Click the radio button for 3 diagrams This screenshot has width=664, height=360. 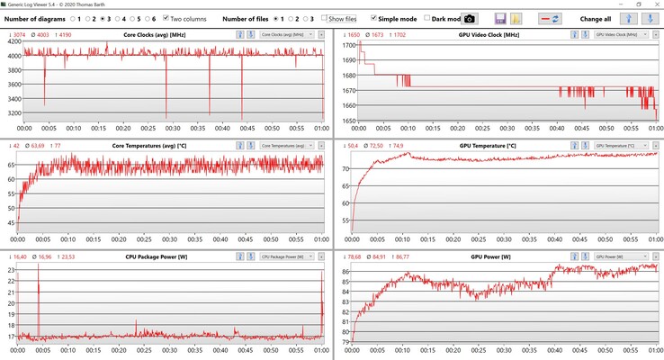tap(103, 18)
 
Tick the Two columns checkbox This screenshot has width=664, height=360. tap(166, 18)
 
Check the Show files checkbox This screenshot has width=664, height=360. tap(325, 18)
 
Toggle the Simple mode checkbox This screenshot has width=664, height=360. tap(374, 18)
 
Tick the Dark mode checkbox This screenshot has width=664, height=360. tap(427, 18)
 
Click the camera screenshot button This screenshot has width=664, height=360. tap(469, 18)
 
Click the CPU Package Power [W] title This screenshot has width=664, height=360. tap(158, 256)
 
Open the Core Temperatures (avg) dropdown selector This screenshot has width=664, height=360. tap(287, 146)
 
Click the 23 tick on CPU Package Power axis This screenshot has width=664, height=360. tap(12, 269)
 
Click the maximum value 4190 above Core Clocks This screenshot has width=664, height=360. tap(69, 34)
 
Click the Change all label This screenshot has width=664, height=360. tap(597, 18)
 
